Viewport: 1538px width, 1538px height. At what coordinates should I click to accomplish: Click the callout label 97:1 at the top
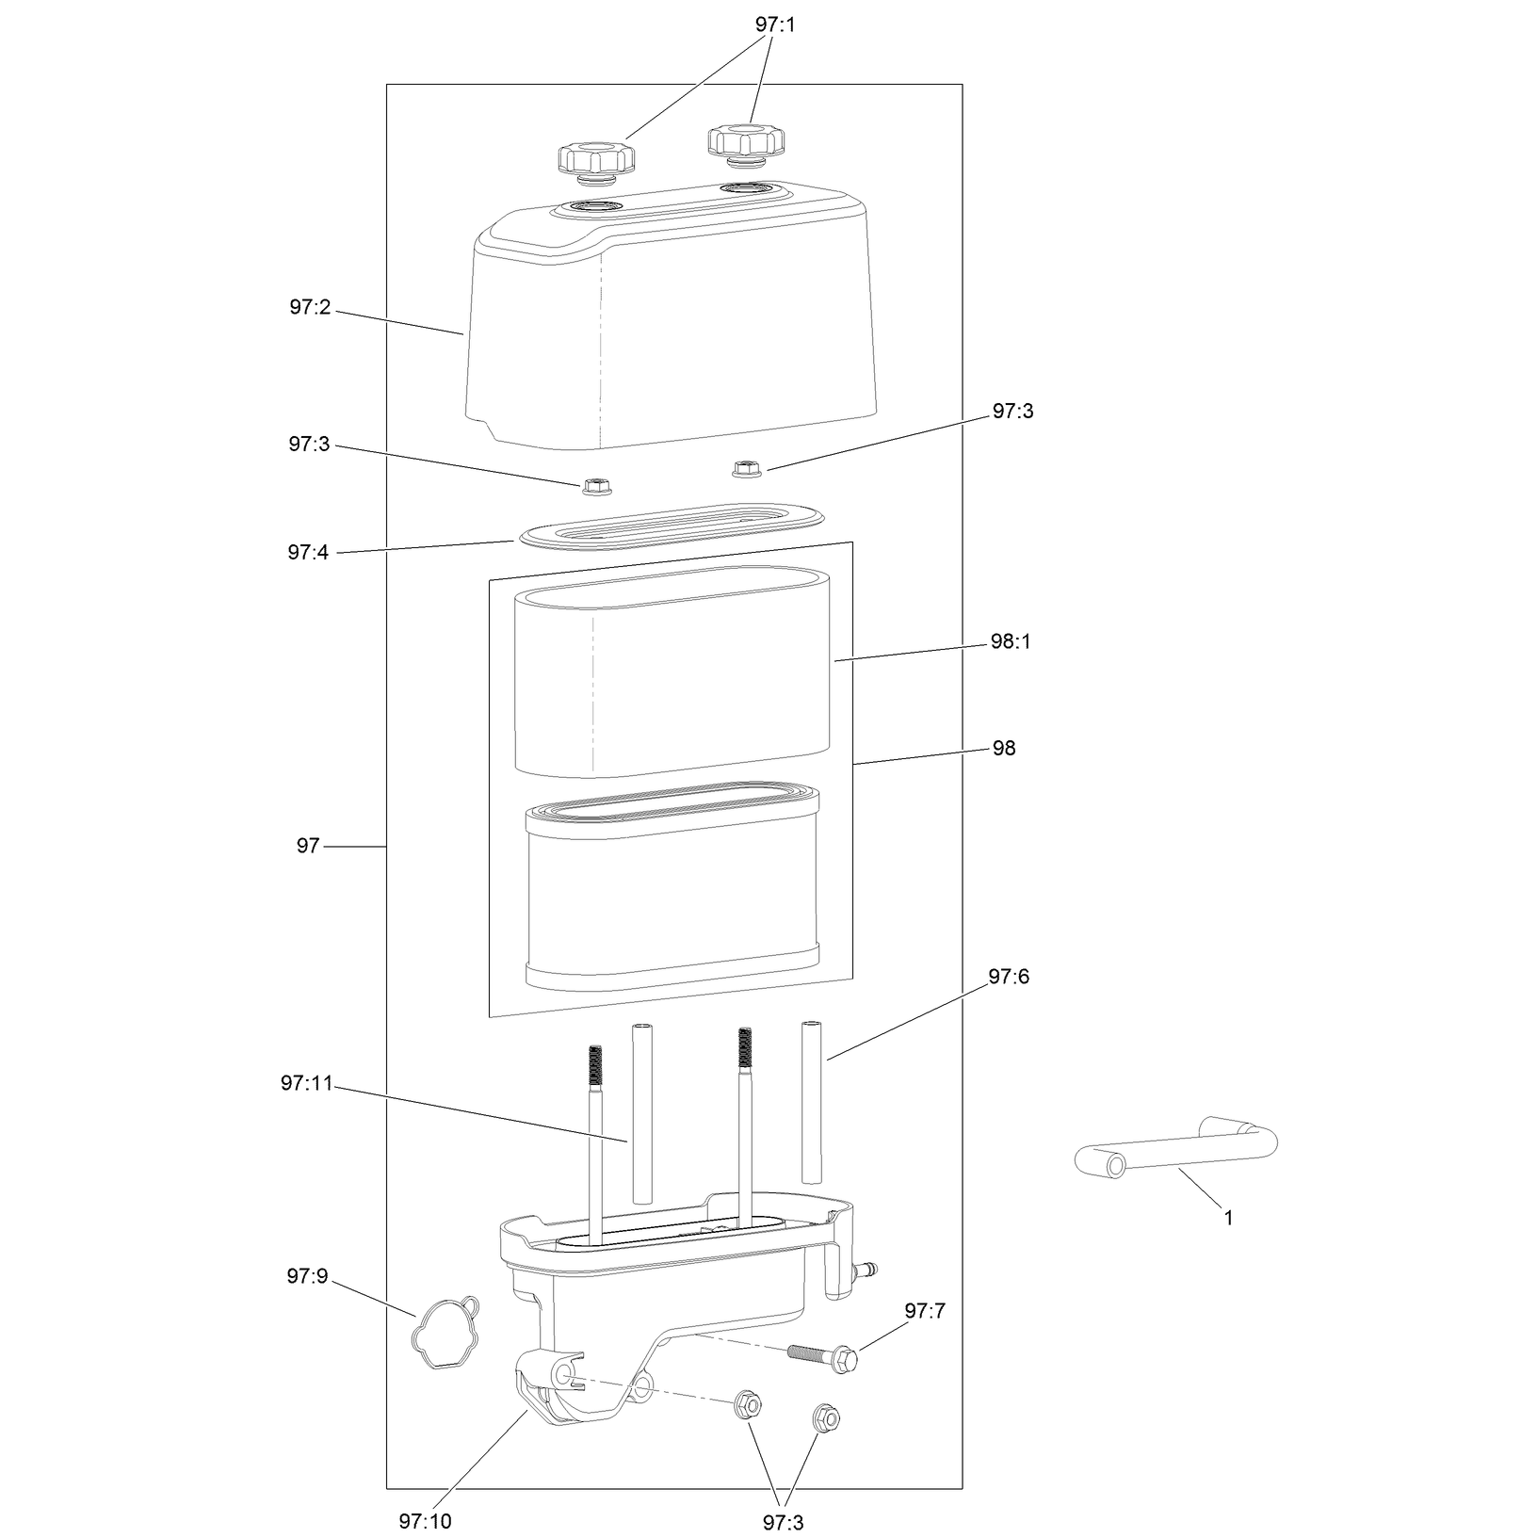774,25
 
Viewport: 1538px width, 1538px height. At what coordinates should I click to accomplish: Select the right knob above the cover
745,147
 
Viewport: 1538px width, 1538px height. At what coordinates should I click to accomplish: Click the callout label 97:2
310,307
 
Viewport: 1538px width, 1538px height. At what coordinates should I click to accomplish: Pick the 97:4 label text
308,553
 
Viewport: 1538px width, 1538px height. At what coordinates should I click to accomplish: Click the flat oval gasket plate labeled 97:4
670,524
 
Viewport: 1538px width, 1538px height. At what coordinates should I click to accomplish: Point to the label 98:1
1010,644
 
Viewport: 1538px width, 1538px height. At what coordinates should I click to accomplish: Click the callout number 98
1004,749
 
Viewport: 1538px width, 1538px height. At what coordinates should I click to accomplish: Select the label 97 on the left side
308,847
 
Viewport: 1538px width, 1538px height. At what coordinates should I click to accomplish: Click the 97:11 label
307,1083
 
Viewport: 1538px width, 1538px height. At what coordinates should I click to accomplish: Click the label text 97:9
307,1277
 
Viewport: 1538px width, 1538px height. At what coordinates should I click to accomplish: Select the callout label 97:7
925,1311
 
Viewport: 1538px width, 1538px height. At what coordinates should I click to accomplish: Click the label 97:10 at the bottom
425,1521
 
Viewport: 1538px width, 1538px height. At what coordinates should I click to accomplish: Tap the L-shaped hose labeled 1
1176,1150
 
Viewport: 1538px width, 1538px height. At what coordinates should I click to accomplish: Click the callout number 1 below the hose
1228,1218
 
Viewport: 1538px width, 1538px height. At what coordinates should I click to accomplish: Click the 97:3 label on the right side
1012,412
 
